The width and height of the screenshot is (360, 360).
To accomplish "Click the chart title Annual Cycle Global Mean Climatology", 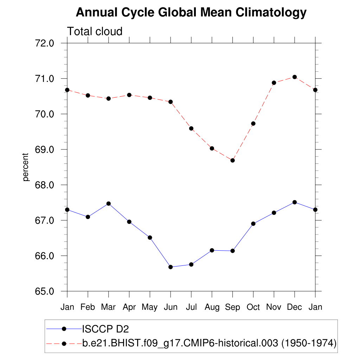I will click(191, 13).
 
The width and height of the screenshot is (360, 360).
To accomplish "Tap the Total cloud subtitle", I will click(95, 31).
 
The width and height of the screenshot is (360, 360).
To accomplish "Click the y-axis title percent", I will click(25, 167).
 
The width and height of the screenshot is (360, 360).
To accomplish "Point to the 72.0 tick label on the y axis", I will click(44, 43).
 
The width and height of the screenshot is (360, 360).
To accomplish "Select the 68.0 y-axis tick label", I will click(44, 185).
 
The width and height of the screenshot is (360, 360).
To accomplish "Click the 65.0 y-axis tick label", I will click(44, 291).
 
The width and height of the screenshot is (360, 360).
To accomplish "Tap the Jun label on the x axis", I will click(171, 307).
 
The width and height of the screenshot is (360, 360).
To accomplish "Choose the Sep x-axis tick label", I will click(232, 307).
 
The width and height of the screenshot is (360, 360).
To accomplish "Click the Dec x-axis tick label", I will click(295, 307).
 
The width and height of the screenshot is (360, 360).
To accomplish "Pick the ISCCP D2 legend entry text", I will click(105, 329).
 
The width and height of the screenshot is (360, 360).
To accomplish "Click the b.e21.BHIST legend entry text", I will click(210, 343).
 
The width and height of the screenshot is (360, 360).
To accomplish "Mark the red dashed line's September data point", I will click(232, 160).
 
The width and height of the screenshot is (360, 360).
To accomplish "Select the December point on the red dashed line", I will click(295, 77).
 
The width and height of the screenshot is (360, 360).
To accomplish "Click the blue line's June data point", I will click(171, 267).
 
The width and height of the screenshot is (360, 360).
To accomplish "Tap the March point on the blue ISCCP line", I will click(109, 204).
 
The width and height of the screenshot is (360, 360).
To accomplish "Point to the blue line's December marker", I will click(295, 202).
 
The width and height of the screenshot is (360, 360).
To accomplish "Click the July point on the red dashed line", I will click(191, 128).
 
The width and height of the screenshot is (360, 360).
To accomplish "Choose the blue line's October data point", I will click(253, 224).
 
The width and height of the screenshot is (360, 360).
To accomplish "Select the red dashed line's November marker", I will click(274, 83).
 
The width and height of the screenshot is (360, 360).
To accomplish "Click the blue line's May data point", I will click(150, 238).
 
